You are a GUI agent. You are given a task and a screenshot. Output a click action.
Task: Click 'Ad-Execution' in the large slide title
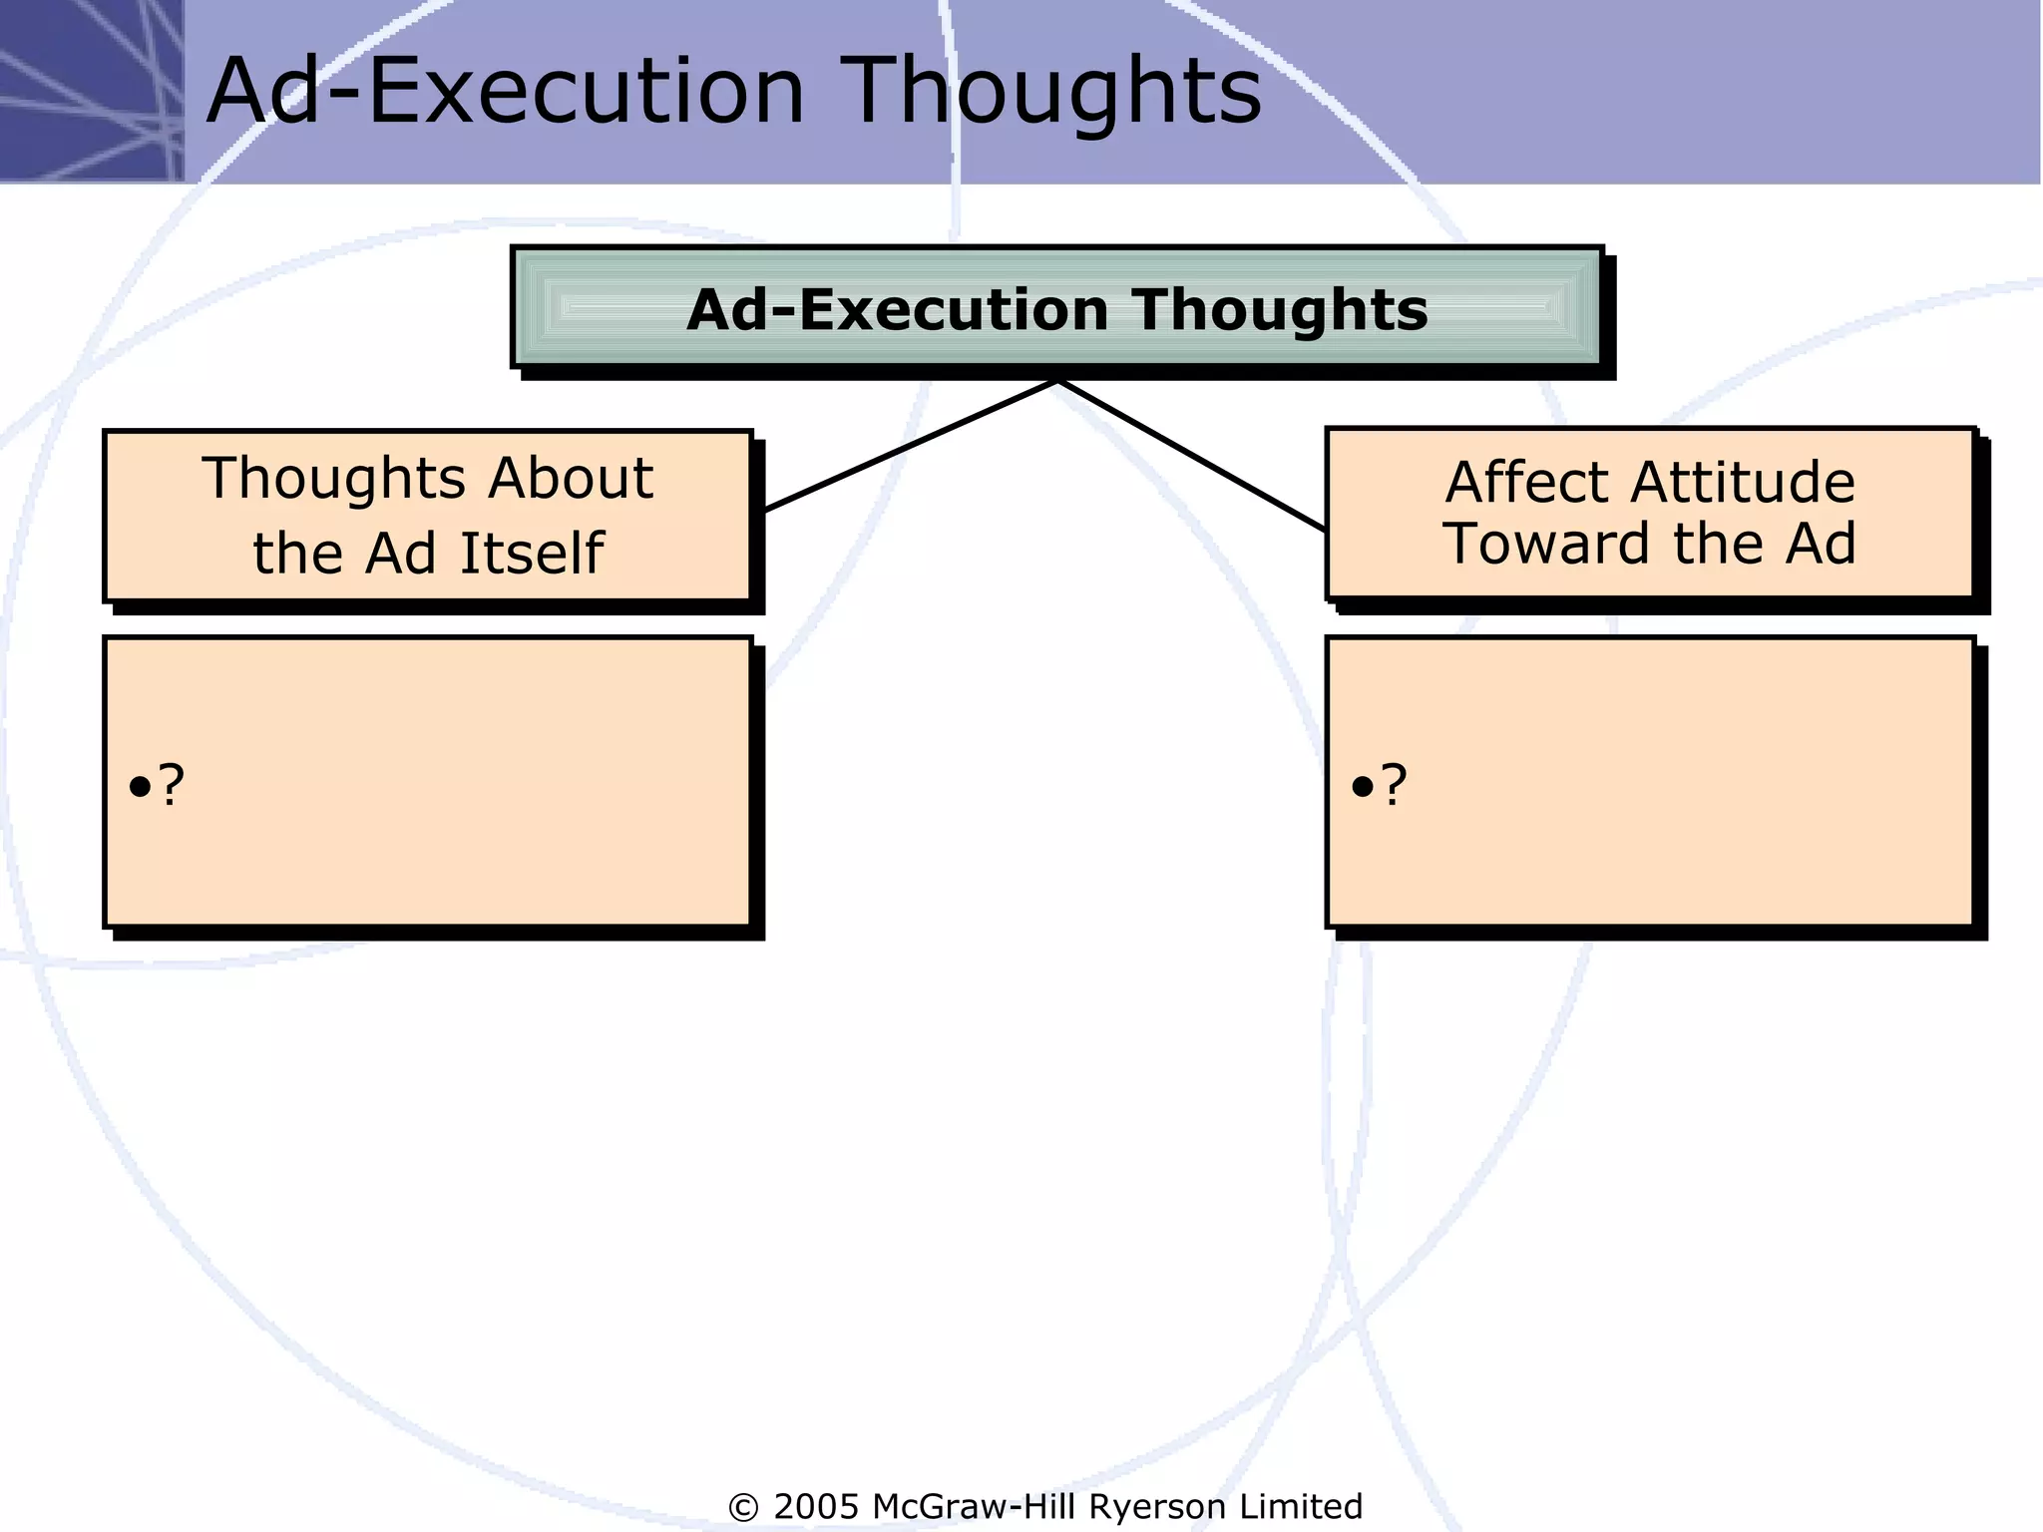[x=505, y=92]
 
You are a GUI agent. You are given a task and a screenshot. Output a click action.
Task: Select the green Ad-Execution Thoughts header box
[x=1057, y=307]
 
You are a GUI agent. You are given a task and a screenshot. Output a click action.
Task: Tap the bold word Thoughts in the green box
[x=1279, y=310]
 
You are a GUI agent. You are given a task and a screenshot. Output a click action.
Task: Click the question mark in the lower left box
[x=172, y=785]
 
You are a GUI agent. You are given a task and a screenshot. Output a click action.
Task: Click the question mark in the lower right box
[x=1395, y=785]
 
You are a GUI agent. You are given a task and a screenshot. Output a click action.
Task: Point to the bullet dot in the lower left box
[x=140, y=788]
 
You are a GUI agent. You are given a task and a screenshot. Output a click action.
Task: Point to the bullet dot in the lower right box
[x=1362, y=788]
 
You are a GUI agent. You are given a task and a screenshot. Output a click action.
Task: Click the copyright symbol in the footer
[x=743, y=1507]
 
